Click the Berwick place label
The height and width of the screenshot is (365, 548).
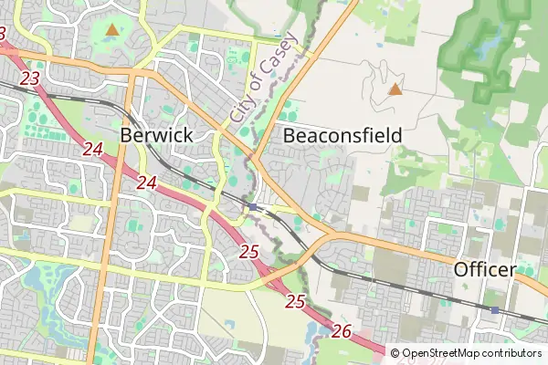pos(156,135)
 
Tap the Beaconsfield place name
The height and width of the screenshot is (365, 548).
pos(342,135)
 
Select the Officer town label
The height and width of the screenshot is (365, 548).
pos(485,270)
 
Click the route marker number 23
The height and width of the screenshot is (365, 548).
pos(29,79)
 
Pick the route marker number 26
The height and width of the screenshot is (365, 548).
pos(342,330)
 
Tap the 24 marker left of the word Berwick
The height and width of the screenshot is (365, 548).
pos(91,150)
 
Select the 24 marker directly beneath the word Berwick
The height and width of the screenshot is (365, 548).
pos(146,182)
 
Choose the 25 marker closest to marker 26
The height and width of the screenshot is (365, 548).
pos(294,300)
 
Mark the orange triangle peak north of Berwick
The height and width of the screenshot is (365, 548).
pos(111,30)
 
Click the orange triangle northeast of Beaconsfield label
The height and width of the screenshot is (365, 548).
pos(395,89)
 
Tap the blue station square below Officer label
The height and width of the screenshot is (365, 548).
pos(495,311)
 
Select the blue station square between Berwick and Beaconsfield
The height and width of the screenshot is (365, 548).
pos(252,207)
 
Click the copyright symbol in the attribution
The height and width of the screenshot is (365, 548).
pos(395,353)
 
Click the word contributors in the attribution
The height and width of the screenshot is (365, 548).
pos(511,353)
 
